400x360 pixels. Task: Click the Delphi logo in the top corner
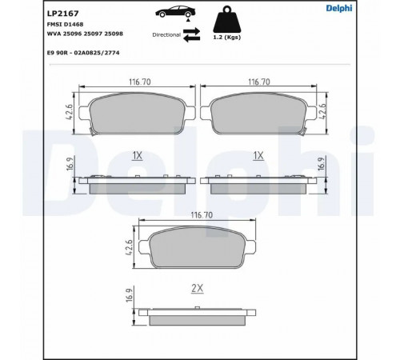(x=339, y=8)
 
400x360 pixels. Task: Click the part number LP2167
(x=63, y=14)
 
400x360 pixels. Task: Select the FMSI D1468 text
(x=65, y=24)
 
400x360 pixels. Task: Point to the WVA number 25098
(x=114, y=34)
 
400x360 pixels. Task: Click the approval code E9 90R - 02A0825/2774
(x=83, y=53)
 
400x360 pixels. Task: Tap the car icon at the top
(x=175, y=11)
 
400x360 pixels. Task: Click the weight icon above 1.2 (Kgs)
(x=227, y=19)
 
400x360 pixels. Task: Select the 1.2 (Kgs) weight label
(x=227, y=38)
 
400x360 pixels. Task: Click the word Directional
(x=166, y=35)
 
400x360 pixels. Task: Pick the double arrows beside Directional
(x=192, y=34)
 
